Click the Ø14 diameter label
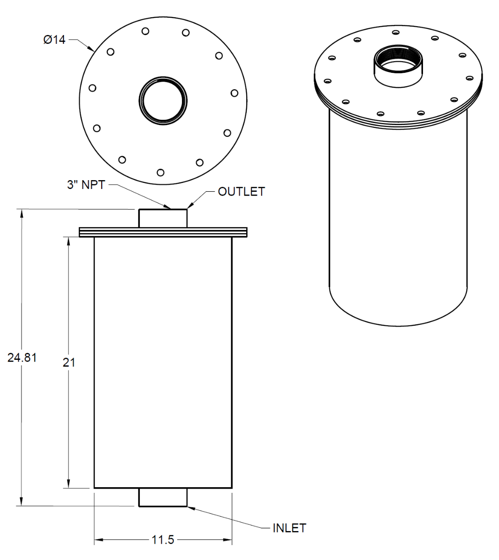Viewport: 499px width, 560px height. click(x=55, y=40)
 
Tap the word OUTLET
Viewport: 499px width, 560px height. click(x=241, y=192)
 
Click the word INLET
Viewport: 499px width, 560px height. click(x=289, y=528)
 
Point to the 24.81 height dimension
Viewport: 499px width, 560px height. click(x=22, y=357)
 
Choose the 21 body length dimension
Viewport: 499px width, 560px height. click(x=69, y=362)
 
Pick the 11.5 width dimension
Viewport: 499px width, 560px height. click(x=163, y=540)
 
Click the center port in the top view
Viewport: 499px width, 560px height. click(x=163, y=100)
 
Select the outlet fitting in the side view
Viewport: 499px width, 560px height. click(x=163, y=218)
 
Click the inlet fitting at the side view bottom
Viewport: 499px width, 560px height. click(x=163, y=497)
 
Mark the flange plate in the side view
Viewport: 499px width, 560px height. click(x=163, y=232)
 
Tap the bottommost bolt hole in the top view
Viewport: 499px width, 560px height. click(x=160, y=173)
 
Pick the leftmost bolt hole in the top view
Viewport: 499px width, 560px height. click(x=92, y=88)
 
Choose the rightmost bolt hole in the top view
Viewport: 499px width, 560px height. click(x=235, y=93)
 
